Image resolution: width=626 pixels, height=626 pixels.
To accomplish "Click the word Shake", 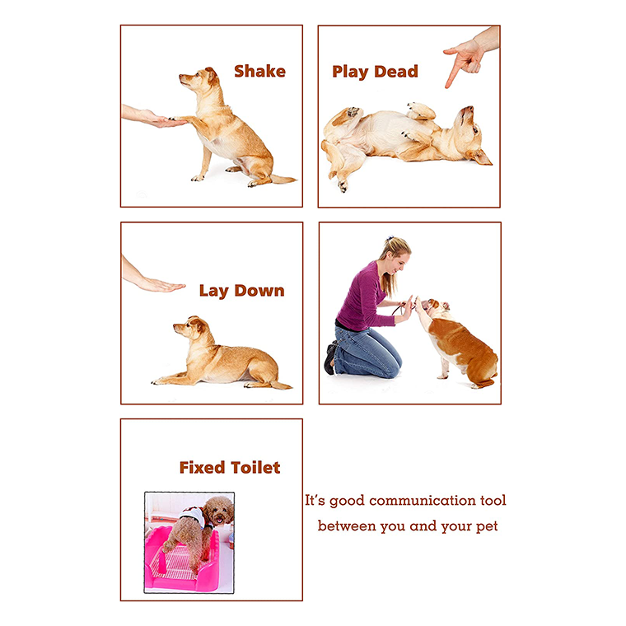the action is coord(259,71).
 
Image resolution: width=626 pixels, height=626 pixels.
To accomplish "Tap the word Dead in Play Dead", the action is coord(396,72).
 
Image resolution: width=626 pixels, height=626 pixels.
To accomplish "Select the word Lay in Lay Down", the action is coord(213,291).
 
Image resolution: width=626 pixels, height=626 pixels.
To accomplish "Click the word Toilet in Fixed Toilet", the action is coord(255,468).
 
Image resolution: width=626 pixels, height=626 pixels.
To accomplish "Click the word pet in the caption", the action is coord(488,526).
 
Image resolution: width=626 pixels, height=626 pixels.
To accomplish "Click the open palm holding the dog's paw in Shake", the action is coord(160,119).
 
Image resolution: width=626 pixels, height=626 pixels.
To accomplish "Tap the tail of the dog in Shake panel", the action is coord(283,179).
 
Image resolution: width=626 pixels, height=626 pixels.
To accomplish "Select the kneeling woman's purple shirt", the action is coord(362,297).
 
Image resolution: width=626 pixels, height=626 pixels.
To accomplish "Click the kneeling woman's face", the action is coord(400,264).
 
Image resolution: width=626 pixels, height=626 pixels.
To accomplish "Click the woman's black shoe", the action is coord(330,357).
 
